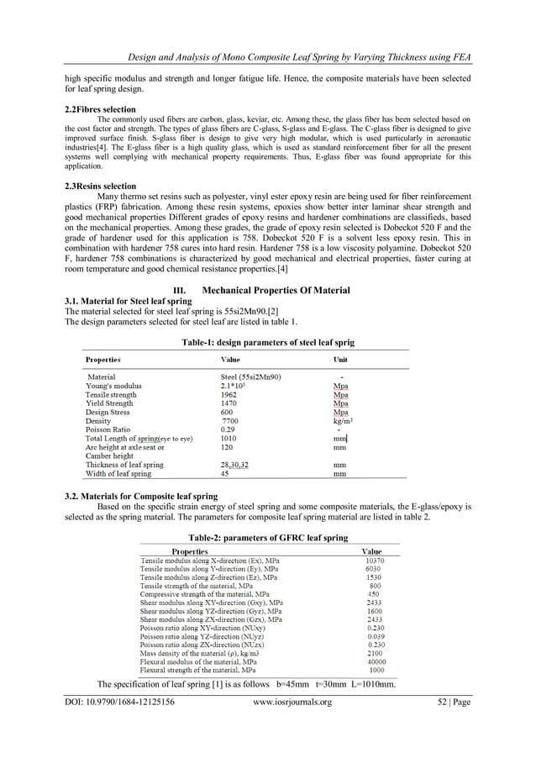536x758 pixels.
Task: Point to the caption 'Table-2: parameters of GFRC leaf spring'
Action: pyautogui.click(x=268, y=537)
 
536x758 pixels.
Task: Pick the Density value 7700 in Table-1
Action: pyautogui.click(x=219, y=421)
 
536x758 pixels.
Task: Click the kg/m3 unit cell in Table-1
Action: pyautogui.click(x=342, y=421)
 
